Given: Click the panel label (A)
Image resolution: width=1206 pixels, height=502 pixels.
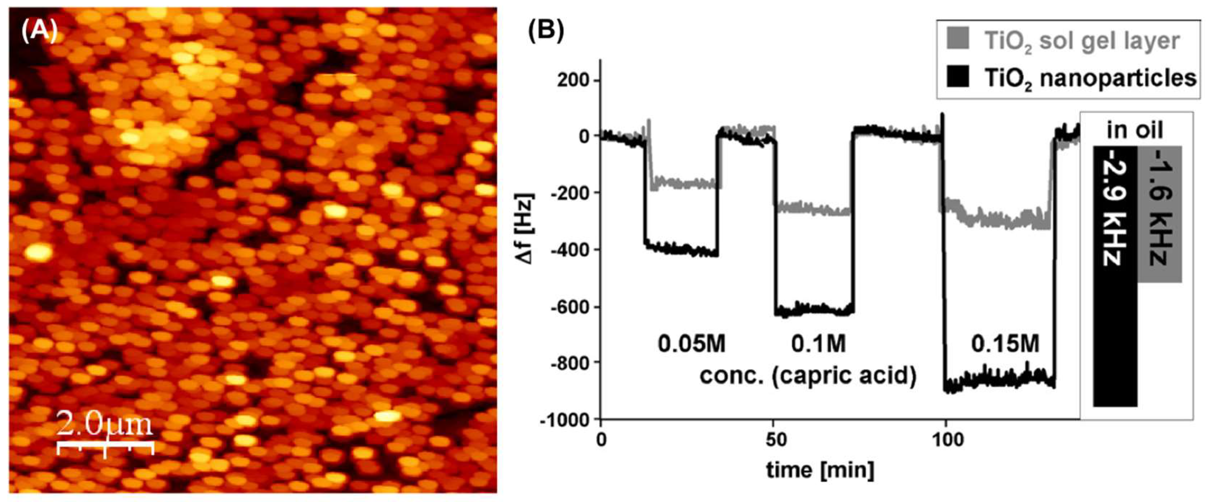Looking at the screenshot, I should (x=39, y=31).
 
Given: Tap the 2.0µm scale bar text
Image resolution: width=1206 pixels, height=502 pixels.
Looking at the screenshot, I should (x=105, y=424).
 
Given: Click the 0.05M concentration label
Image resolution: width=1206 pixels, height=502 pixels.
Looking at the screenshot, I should (x=691, y=344).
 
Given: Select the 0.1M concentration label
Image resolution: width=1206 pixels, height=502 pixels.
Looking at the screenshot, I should (x=818, y=344).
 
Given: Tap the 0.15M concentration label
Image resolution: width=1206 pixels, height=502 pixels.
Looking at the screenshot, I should (x=1004, y=344).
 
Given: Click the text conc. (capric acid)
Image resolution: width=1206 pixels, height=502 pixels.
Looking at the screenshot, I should (x=808, y=375).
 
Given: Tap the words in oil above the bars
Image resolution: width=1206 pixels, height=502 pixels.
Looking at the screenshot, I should (x=1135, y=130).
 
